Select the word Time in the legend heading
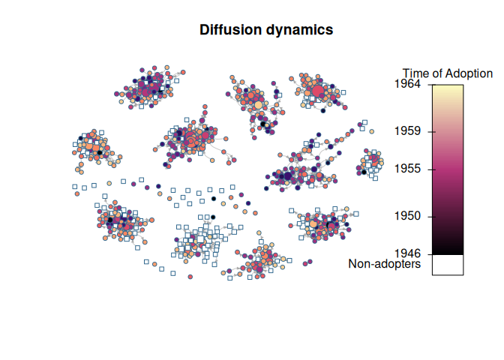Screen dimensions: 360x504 417,73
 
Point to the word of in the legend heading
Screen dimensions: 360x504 439,73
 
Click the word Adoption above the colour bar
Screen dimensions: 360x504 469,73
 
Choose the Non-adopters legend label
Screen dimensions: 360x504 384,264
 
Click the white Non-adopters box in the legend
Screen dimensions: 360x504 448,265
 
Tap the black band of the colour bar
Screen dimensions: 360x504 448,247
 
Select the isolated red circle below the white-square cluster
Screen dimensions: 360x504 191,277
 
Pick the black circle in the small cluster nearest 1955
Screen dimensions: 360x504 364,172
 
